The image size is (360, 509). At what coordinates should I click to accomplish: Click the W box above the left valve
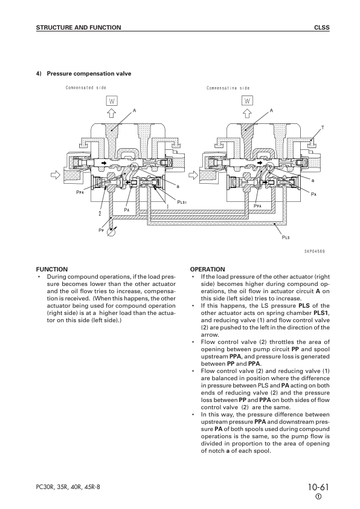(112, 101)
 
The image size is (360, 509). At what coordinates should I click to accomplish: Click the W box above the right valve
(247, 101)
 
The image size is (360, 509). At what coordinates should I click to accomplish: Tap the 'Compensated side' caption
(86, 88)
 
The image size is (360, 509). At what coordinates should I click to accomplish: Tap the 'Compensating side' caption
(228, 88)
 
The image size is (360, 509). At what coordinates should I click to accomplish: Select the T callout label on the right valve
(323, 128)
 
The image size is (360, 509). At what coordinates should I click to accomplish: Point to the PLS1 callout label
(182, 202)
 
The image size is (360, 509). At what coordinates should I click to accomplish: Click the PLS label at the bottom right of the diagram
(286, 238)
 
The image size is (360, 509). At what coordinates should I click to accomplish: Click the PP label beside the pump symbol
(101, 230)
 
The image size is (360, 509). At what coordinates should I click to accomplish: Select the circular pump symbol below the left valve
(111, 232)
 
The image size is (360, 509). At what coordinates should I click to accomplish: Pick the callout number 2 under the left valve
(100, 213)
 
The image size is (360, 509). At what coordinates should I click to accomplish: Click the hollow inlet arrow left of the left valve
(56, 175)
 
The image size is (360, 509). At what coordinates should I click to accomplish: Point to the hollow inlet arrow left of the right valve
(193, 175)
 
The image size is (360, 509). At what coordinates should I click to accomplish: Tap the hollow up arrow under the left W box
(112, 113)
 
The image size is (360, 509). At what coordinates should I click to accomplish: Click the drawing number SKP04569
(314, 251)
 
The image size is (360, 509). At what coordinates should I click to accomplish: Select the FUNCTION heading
(52, 269)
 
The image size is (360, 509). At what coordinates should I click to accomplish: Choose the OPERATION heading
(208, 269)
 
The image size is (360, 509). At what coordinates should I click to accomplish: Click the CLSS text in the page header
(322, 28)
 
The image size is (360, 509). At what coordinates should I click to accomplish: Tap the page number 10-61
(318, 487)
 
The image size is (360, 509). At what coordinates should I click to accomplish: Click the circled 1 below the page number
(318, 497)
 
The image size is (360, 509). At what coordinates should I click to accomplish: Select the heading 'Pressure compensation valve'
(89, 74)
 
